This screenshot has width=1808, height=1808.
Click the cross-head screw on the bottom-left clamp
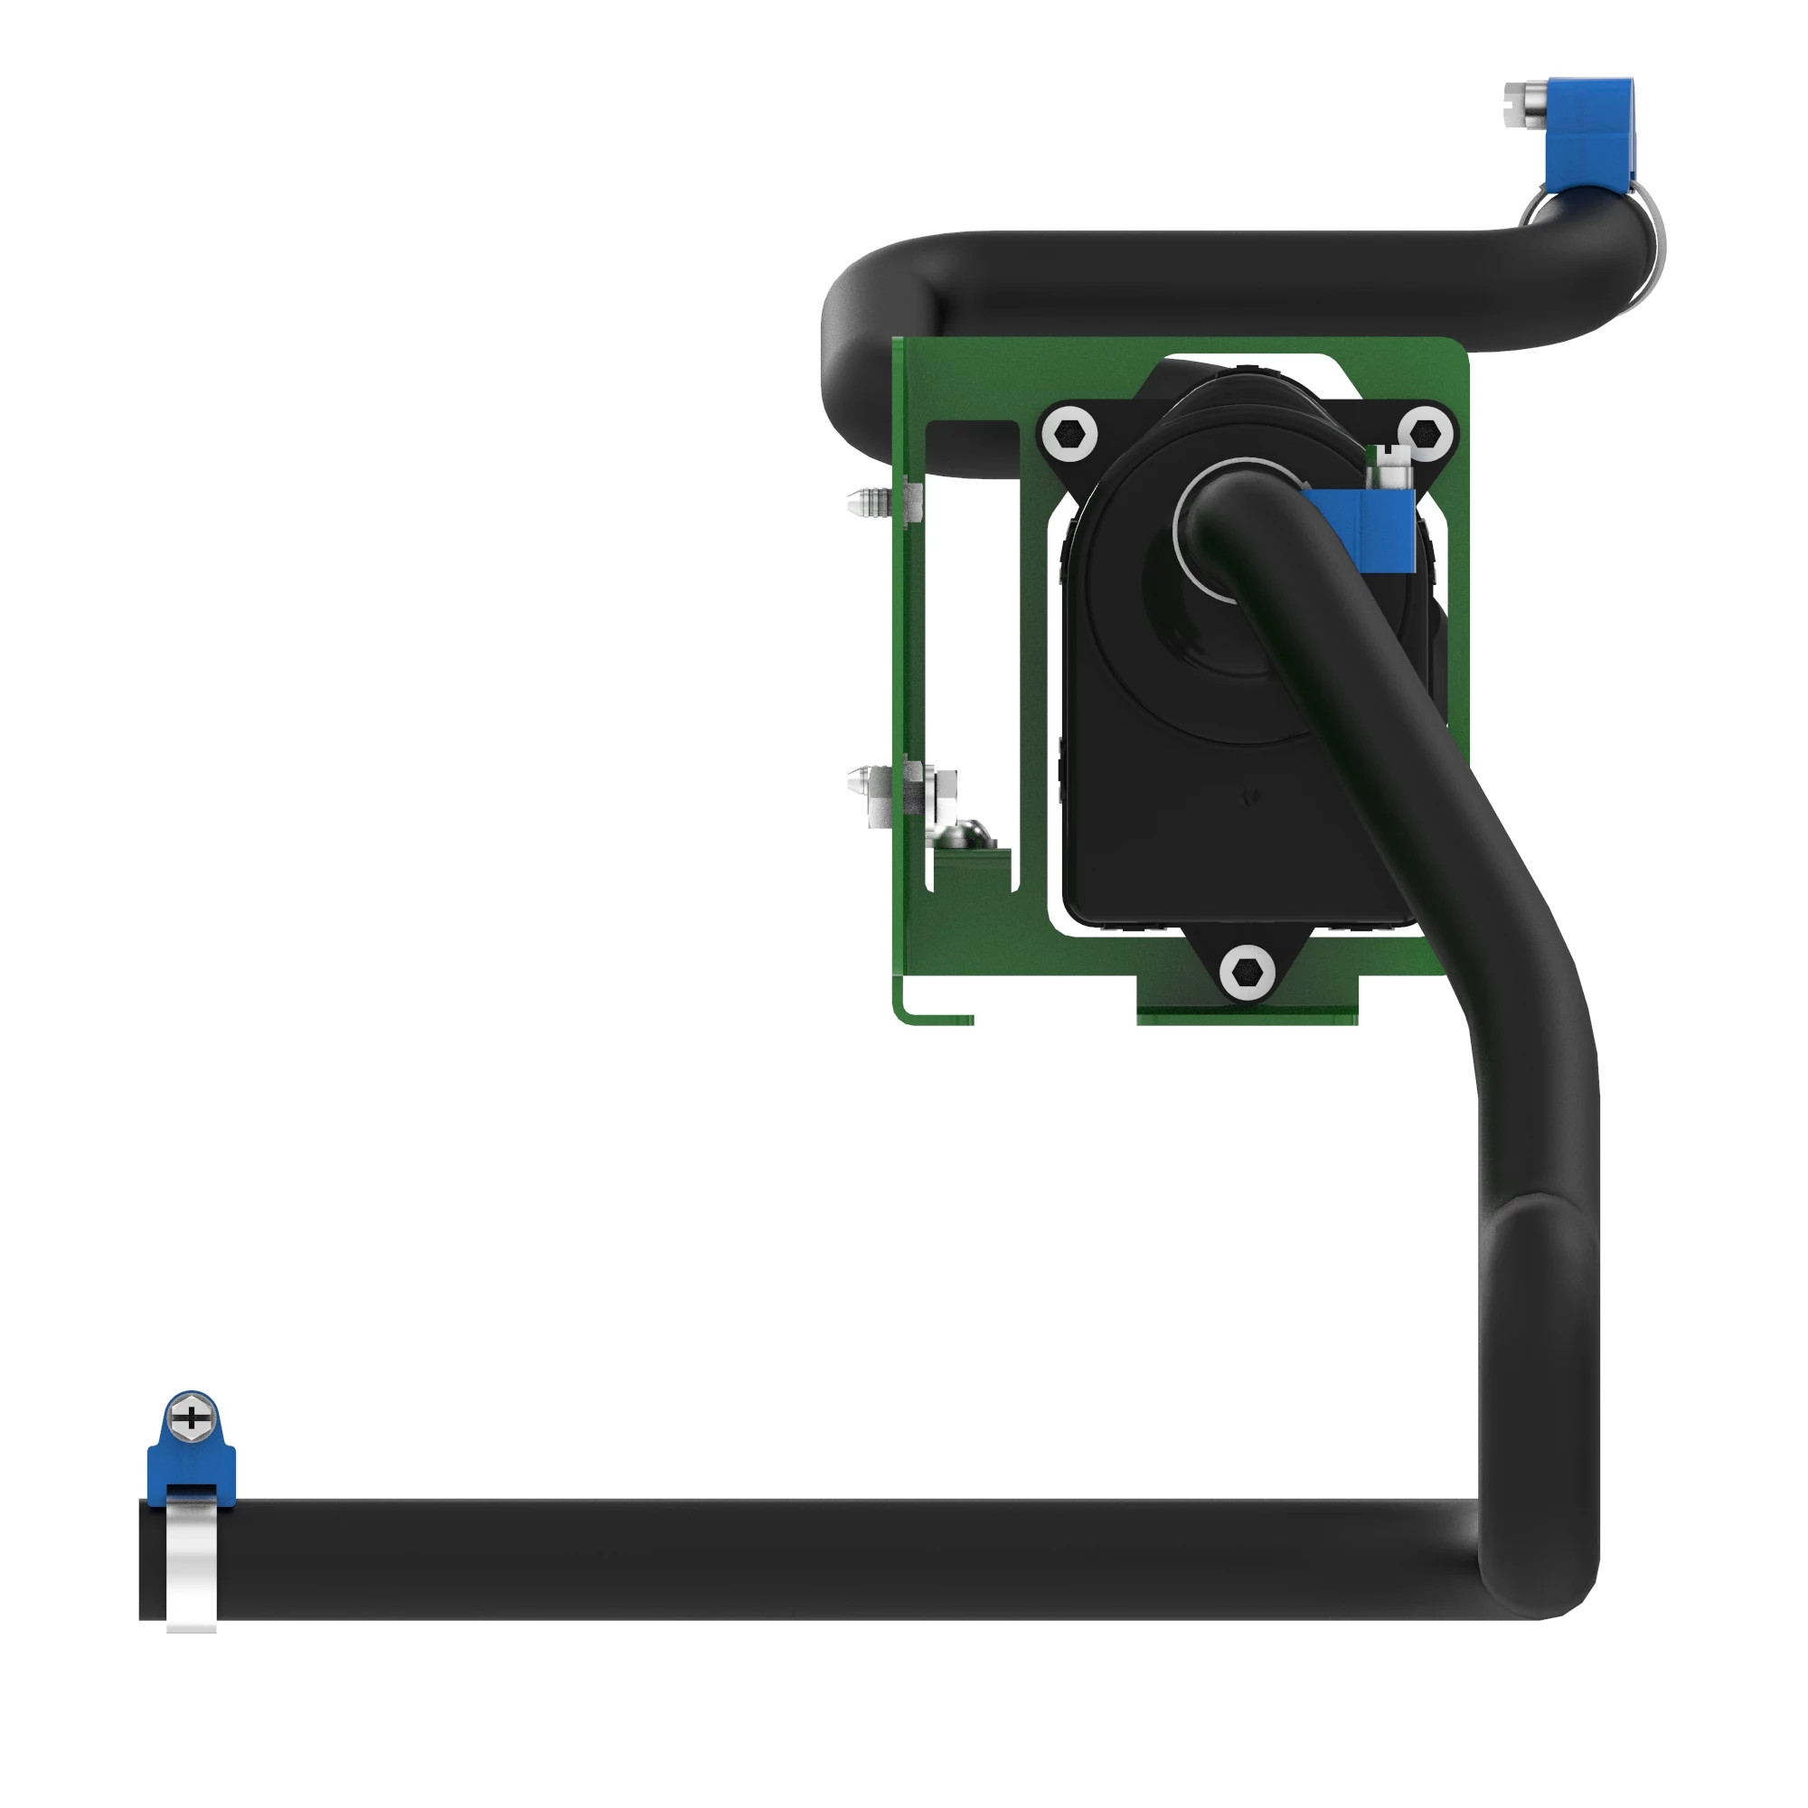click(x=191, y=1417)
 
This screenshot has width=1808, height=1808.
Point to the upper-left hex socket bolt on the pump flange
click(x=1068, y=433)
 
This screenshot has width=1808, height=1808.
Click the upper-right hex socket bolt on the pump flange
click(x=1425, y=433)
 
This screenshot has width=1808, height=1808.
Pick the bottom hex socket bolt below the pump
click(x=1247, y=974)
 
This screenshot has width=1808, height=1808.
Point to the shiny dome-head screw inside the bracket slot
click(x=964, y=833)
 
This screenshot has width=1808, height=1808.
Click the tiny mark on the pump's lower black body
click(x=1248, y=796)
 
